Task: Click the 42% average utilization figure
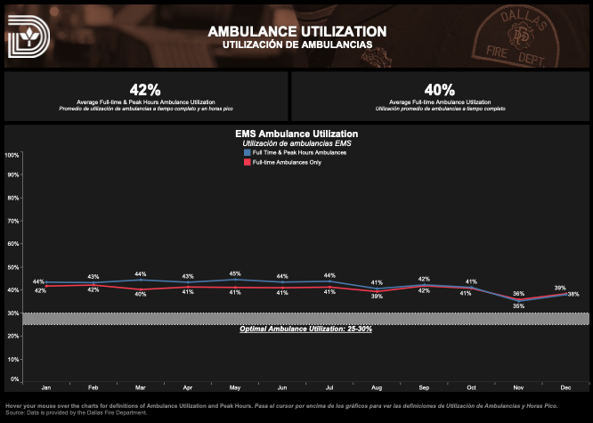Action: pos(145,90)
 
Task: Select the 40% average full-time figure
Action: pos(439,90)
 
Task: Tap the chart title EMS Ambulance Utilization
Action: pos(296,134)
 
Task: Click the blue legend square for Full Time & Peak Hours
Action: pos(248,153)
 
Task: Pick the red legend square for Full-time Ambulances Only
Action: pos(248,162)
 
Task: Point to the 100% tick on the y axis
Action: pos(12,155)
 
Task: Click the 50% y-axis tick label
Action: pos(12,268)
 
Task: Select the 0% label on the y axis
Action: pos(14,380)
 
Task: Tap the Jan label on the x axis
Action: pos(46,388)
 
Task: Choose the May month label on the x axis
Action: pos(235,388)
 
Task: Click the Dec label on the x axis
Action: pos(566,388)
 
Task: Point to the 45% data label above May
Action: pos(235,273)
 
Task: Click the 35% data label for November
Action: pos(518,305)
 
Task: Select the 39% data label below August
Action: pos(377,296)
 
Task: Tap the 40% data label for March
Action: pos(141,292)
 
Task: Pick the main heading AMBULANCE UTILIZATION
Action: pos(296,31)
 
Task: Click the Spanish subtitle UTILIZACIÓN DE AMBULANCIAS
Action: pos(296,44)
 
